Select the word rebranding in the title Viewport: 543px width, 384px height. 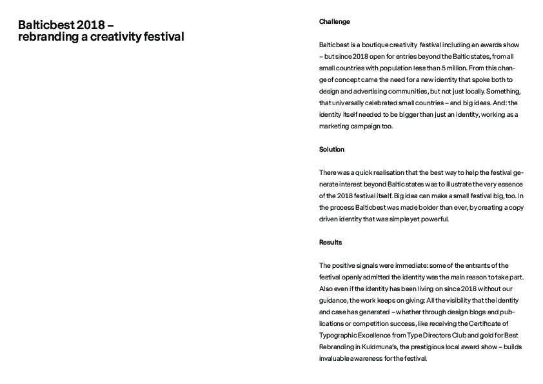[x=48, y=37]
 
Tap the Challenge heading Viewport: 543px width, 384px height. [x=334, y=22]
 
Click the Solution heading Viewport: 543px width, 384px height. [x=331, y=150]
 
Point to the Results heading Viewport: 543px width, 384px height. [x=330, y=243]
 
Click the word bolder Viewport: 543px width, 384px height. [x=428, y=208]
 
